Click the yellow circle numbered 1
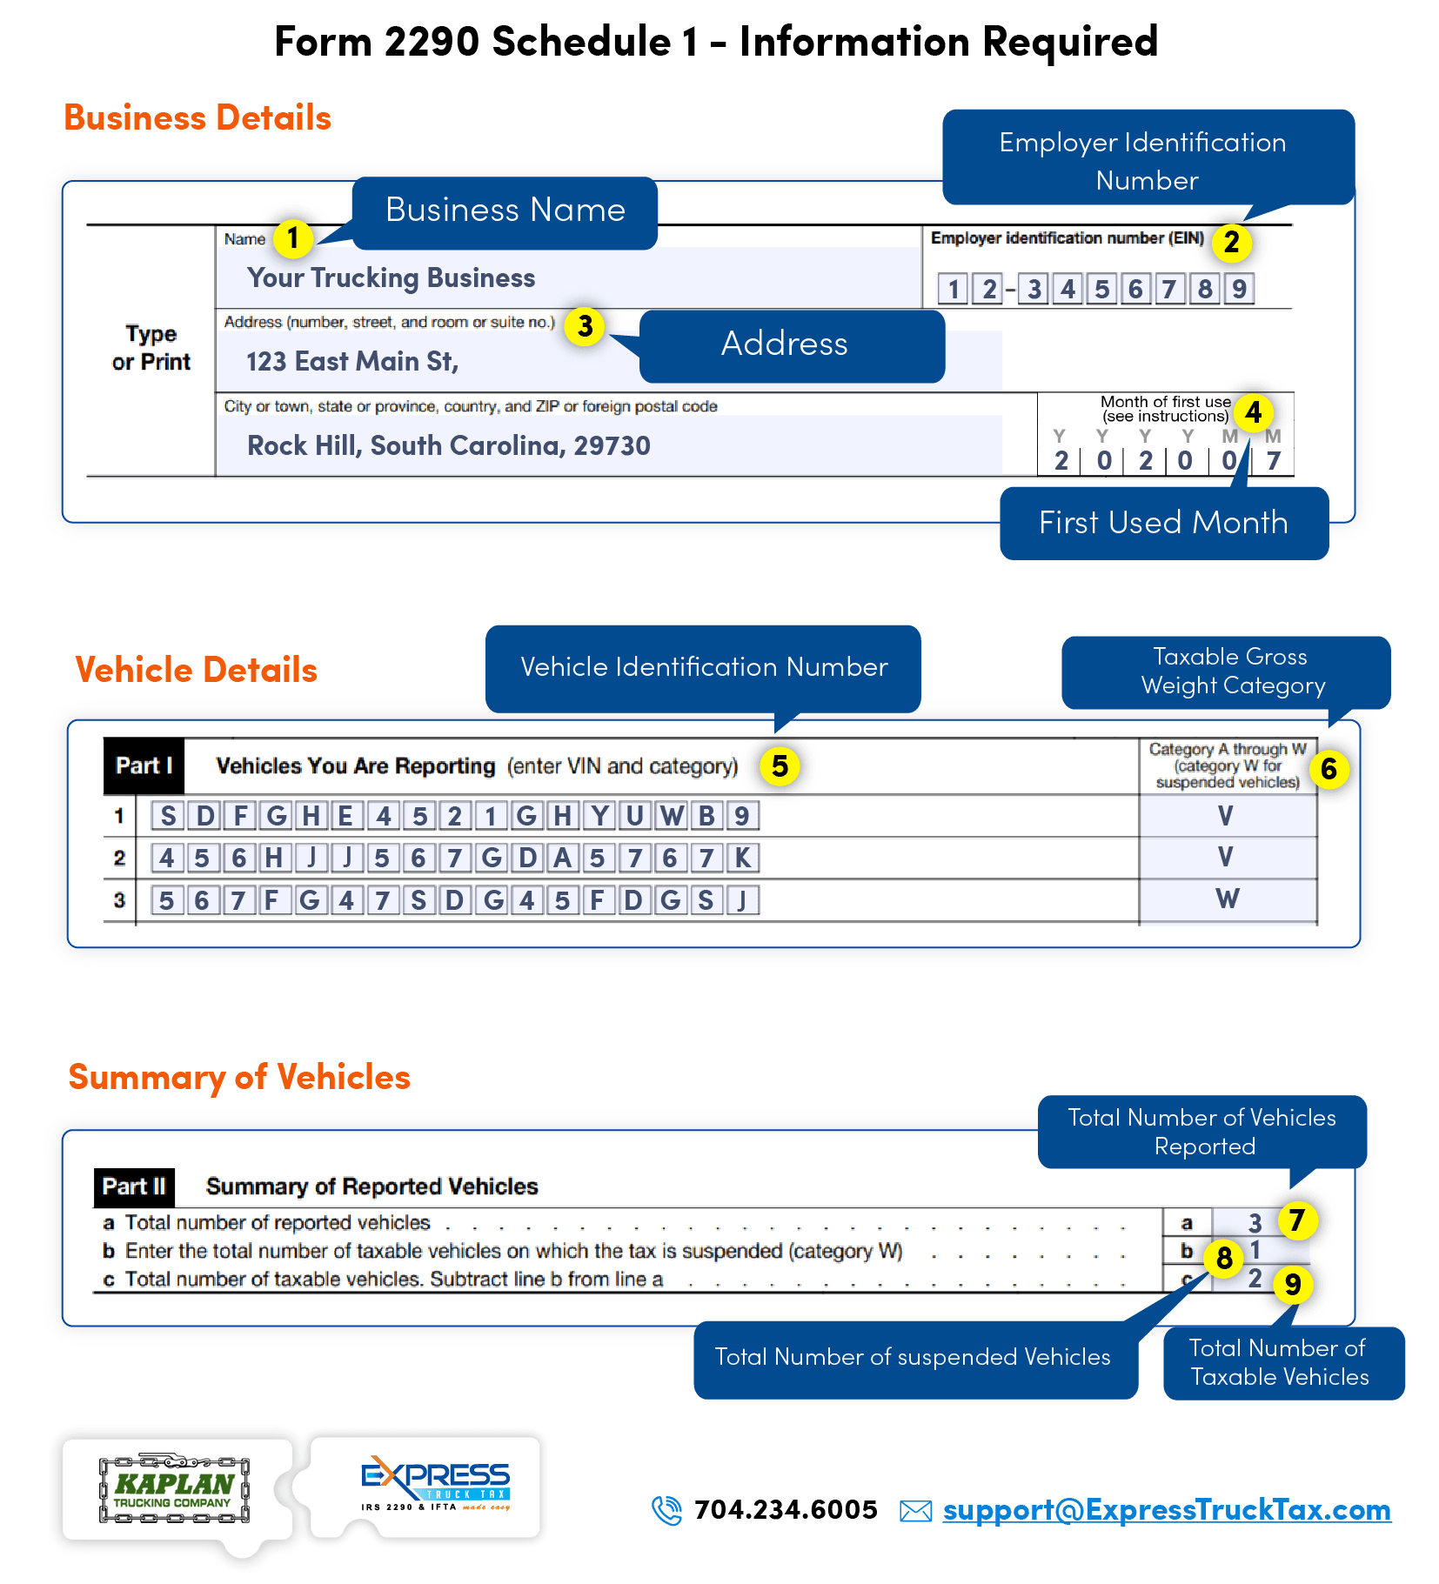pos(293,237)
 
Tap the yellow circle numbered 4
pos(1253,412)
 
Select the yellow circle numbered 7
pos(1296,1220)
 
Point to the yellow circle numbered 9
pos(1293,1284)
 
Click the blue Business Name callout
pos(505,211)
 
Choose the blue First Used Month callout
pos(1163,523)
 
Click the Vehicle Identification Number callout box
pos(703,667)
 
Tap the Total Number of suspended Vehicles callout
pos(913,1357)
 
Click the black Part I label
pos(144,766)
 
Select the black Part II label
pos(134,1186)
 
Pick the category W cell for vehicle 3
pos(1227,899)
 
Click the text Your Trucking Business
pos(391,278)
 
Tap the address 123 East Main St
pos(351,362)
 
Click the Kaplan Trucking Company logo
pos(174,1489)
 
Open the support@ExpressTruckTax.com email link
pos(1166,1511)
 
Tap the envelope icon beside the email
pos(915,1512)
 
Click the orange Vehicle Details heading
pos(197,671)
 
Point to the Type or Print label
pos(151,348)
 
